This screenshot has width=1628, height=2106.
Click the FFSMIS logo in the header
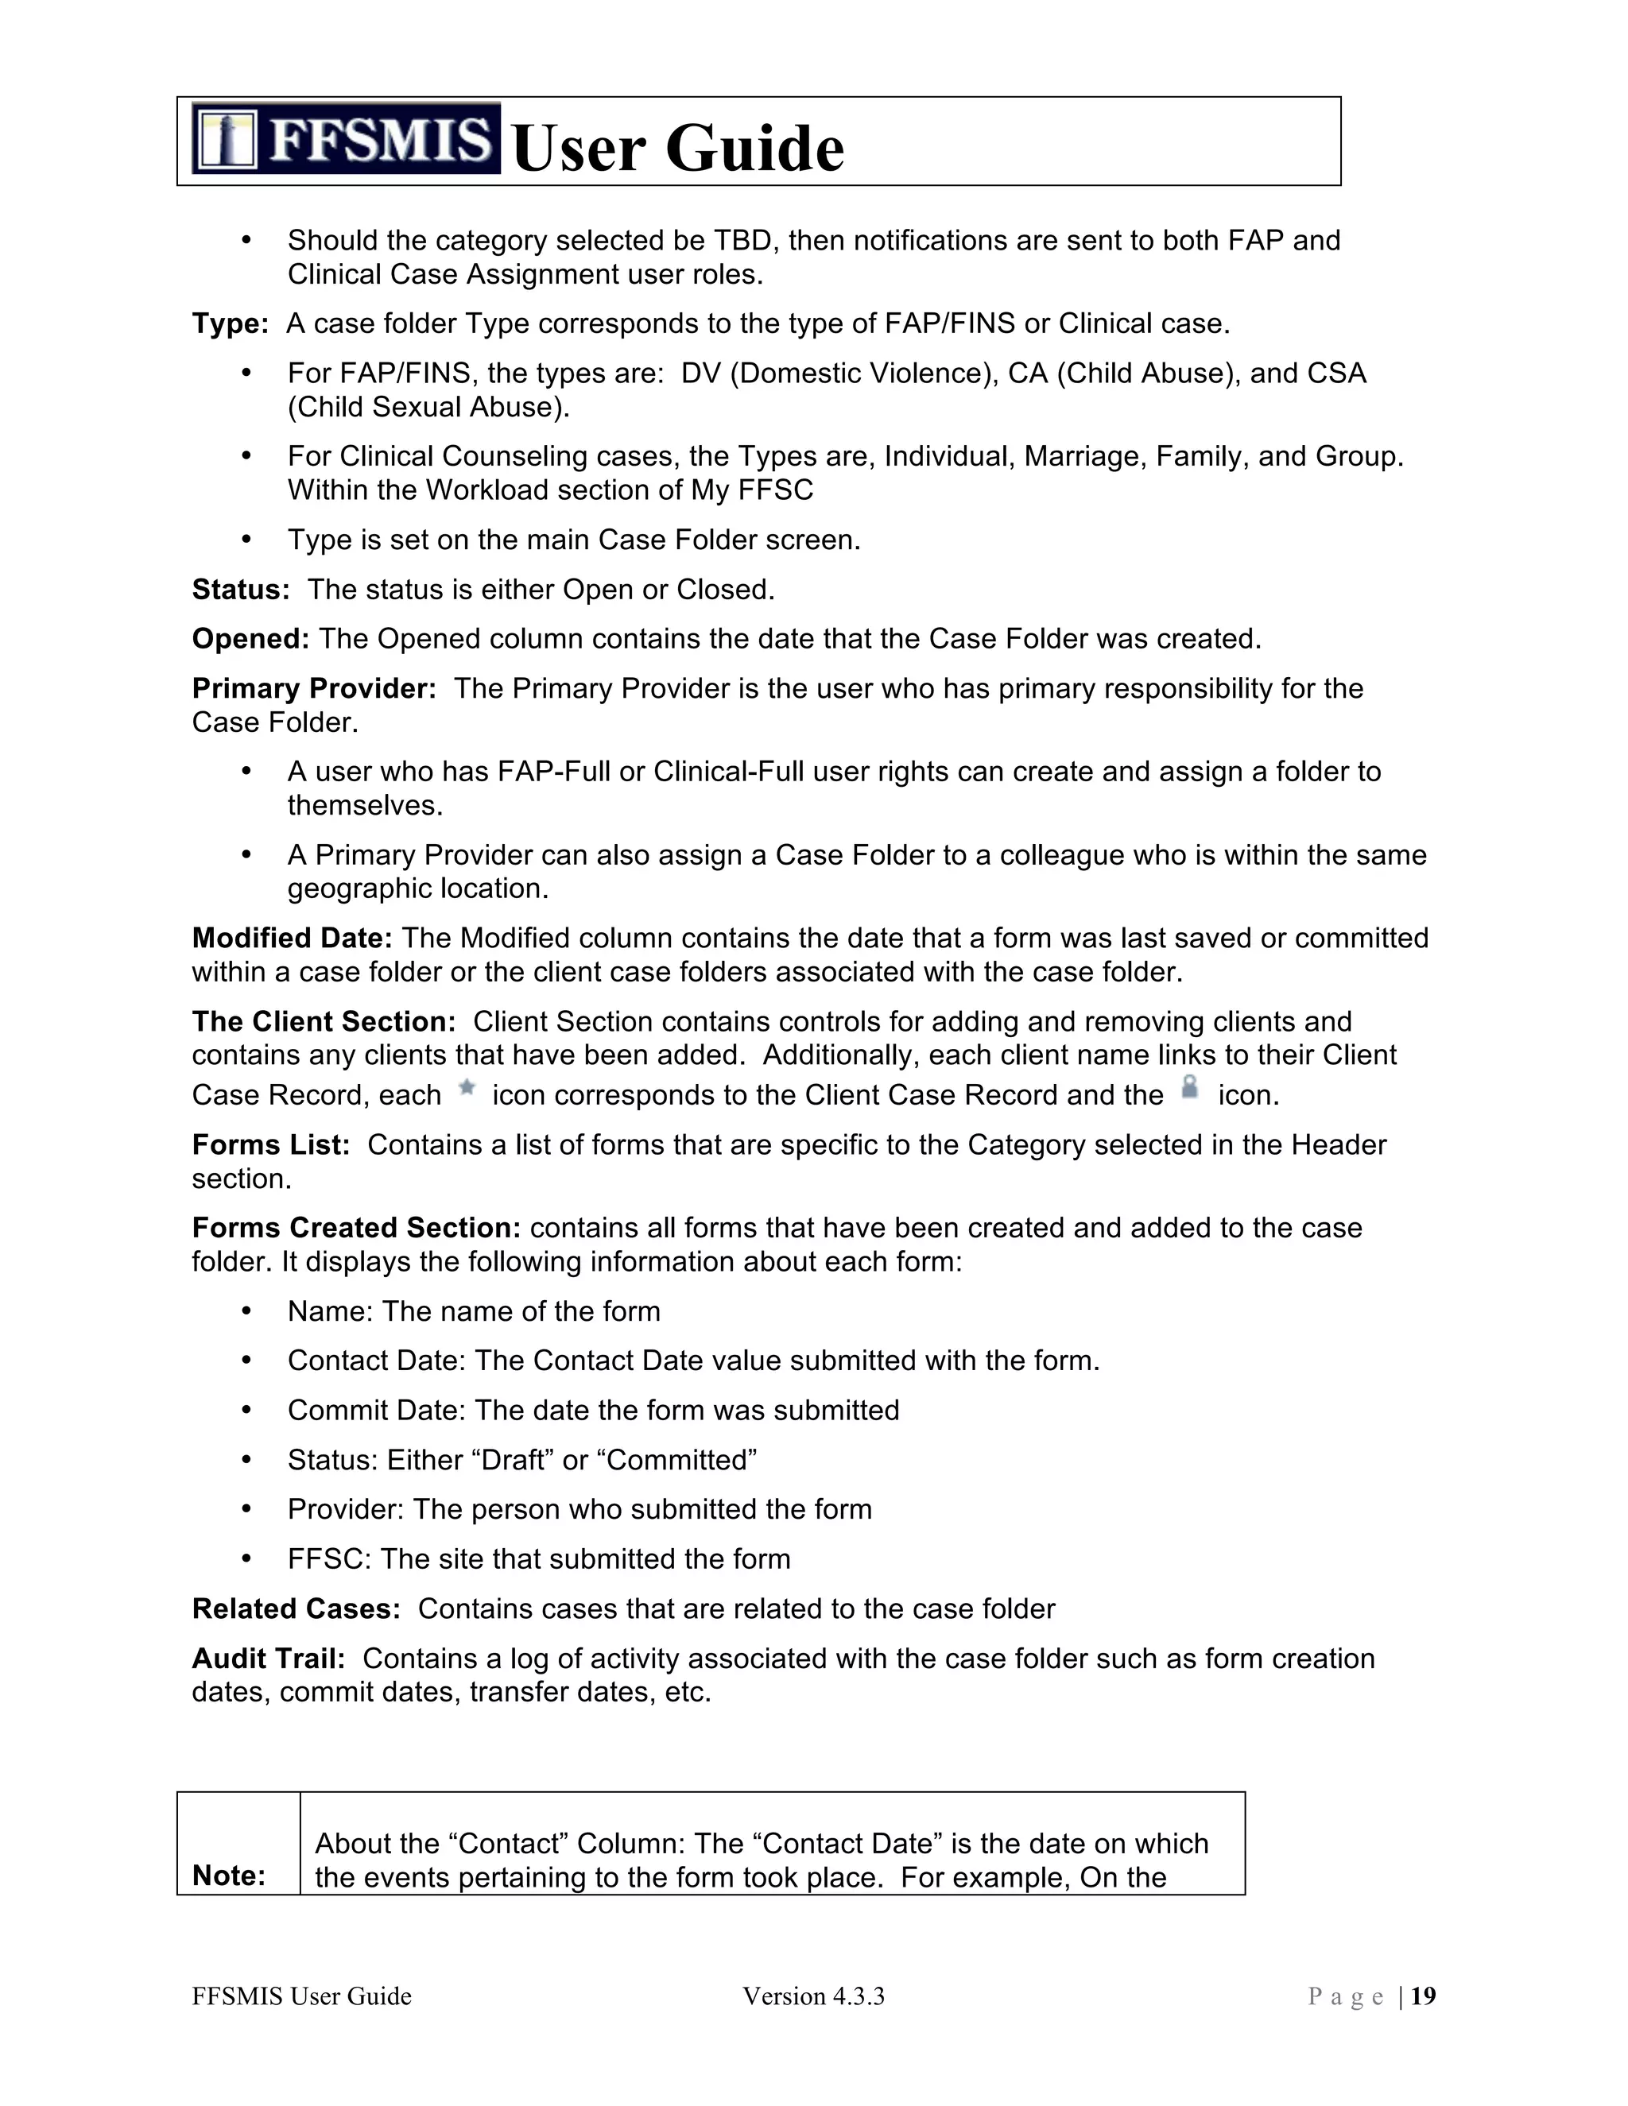345,138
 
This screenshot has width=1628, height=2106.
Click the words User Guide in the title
678,149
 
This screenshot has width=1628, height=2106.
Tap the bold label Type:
230,324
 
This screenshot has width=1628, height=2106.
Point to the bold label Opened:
250,639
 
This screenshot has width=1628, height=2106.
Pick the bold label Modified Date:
291,939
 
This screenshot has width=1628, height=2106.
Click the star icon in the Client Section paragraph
467,1089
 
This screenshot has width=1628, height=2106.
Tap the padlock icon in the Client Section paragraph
1190,1088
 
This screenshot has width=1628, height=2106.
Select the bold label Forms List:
270,1144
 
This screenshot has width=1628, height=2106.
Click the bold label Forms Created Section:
356,1228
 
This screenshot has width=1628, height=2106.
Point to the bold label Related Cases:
295,1609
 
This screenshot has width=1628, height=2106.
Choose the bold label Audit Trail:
268,1659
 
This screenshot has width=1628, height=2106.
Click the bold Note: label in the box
229,1876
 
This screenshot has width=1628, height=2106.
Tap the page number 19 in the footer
1424,1997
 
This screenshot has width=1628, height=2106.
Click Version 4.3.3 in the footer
813,1997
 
